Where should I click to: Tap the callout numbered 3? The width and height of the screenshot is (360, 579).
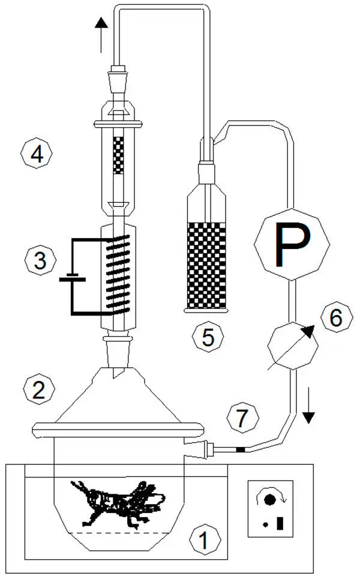pyautogui.click(x=39, y=261)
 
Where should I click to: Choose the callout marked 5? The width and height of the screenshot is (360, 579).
pyautogui.click(x=208, y=337)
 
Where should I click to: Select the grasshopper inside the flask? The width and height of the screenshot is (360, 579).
pyautogui.click(x=117, y=500)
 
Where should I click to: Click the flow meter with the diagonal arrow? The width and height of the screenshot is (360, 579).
pyautogui.click(x=290, y=347)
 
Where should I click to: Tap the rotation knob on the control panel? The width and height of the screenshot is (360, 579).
pyautogui.click(x=269, y=499)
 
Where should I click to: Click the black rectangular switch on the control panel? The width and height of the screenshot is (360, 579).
pyautogui.click(x=280, y=524)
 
